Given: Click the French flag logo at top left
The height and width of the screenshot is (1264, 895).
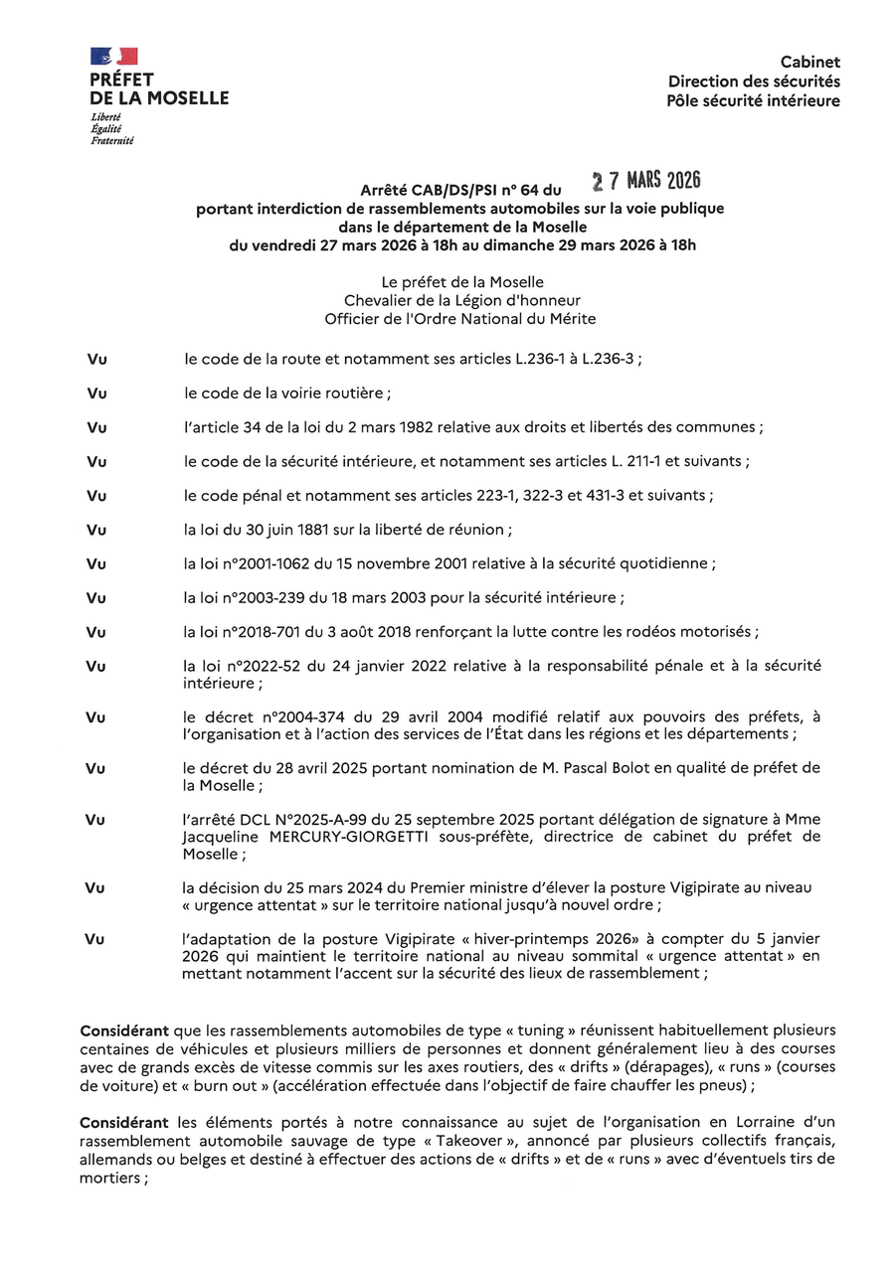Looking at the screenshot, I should tap(114, 57).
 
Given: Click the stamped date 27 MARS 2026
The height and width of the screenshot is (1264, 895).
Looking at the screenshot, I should tap(646, 181).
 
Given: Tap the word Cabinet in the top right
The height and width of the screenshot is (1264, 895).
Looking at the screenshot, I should tap(809, 62).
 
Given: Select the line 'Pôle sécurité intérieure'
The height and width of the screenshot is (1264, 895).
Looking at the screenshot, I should tap(754, 100).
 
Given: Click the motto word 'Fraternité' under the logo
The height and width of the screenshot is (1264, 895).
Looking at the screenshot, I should tap(111, 141).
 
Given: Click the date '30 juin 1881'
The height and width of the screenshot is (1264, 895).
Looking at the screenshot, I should tap(266, 530).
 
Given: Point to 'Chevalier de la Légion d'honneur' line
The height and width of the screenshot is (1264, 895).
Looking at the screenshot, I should tap(462, 300).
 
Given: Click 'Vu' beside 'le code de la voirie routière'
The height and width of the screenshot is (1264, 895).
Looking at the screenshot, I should tap(96, 394).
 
